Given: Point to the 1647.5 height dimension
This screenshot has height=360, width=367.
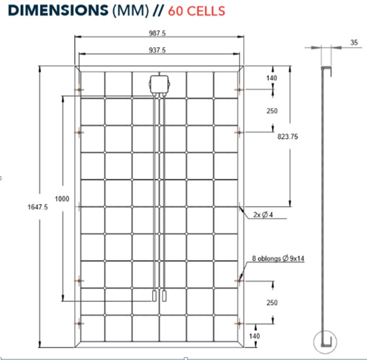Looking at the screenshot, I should [x=39, y=207].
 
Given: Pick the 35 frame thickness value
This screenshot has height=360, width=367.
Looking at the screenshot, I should [x=354, y=43].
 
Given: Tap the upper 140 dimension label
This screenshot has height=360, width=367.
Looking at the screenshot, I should [x=272, y=78].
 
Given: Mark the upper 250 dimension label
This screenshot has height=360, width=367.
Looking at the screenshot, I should [x=272, y=111].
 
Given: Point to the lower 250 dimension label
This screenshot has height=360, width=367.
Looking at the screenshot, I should [x=272, y=302].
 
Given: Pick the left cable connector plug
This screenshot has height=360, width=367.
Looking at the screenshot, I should [x=155, y=297].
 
